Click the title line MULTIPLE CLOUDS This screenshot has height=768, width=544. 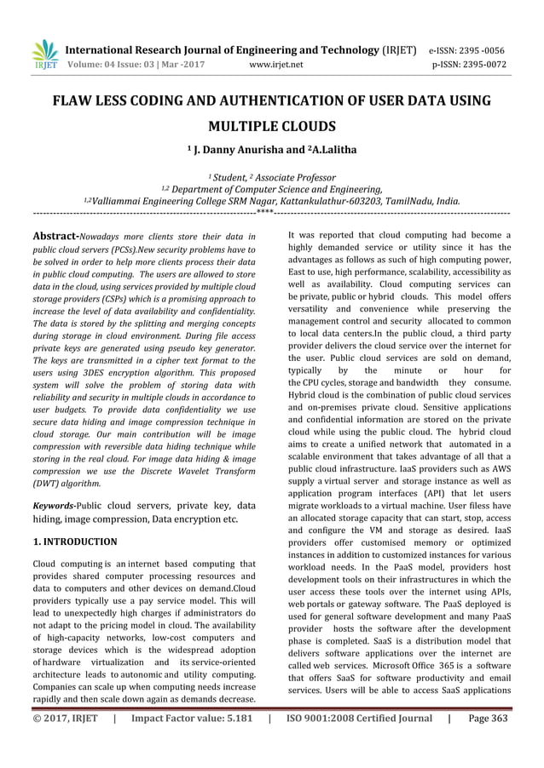click(x=272, y=128)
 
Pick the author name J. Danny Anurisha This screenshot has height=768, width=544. click(x=232, y=151)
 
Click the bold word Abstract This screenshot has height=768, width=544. click(x=55, y=235)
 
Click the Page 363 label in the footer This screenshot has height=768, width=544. click(x=488, y=719)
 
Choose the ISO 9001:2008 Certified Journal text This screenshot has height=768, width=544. click(x=359, y=719)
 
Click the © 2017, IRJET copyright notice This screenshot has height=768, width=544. click(x=64, y=719)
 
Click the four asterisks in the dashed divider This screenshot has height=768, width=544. click(x=264, y=210)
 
